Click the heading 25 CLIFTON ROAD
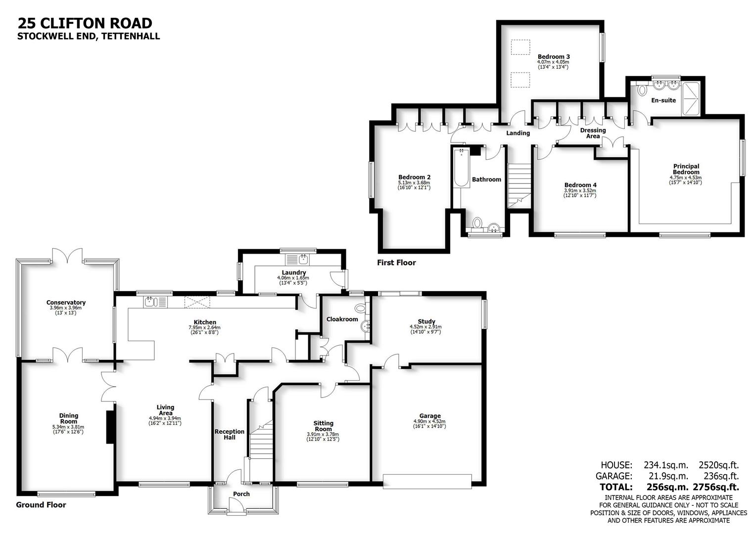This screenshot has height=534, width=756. coord(85,23)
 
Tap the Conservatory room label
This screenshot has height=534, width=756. coord(66,303)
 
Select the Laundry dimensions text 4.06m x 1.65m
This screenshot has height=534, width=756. coord(293,278)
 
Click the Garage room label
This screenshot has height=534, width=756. coord(429,416)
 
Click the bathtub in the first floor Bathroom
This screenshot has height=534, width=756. coord(462,168)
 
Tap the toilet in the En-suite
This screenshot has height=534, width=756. coord(642,90)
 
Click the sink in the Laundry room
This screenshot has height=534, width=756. coord(298,259)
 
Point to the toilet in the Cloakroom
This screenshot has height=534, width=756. coord(362,309)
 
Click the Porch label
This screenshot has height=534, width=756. coord(241,494)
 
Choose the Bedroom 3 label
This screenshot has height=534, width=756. coord(554,57)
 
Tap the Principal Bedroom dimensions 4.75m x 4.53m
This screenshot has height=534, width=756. coord(685,178)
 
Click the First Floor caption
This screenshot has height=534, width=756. coord(396,263)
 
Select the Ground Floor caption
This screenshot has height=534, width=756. coord(41,505)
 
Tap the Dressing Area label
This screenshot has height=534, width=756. coord(593,133)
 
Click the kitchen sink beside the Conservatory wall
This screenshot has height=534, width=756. coord(150,301)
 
